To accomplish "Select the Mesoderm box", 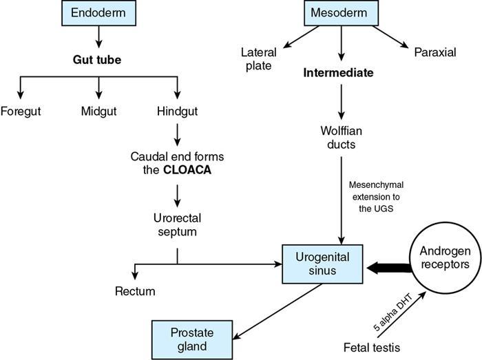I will [x=339, y=12].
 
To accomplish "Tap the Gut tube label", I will [x=97, y=60].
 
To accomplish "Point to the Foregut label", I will [x=20, y=110].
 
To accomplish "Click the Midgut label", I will [x=99, y=110].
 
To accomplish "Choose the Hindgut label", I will [x=178, y=110].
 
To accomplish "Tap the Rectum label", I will [x=135, y=291].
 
